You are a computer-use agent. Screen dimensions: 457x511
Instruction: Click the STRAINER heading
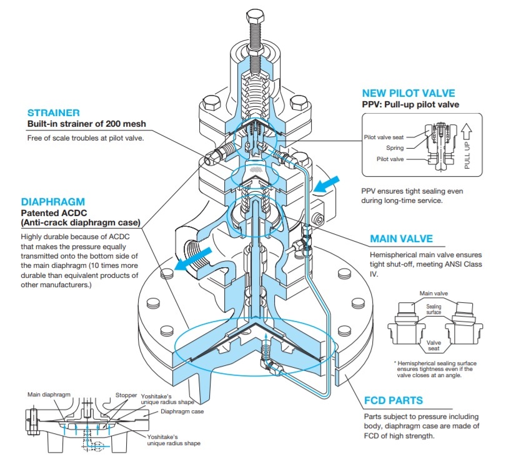53,113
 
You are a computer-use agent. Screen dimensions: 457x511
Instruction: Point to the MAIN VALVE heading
410,238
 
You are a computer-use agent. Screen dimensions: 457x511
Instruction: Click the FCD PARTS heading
393,400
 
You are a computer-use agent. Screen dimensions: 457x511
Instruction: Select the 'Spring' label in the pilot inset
395,148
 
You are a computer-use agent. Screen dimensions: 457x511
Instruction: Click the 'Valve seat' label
434,346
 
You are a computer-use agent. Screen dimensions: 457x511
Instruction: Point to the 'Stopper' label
126,395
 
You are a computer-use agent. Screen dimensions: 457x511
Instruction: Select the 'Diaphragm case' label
182,411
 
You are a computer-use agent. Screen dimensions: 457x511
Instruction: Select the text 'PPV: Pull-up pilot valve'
410,104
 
